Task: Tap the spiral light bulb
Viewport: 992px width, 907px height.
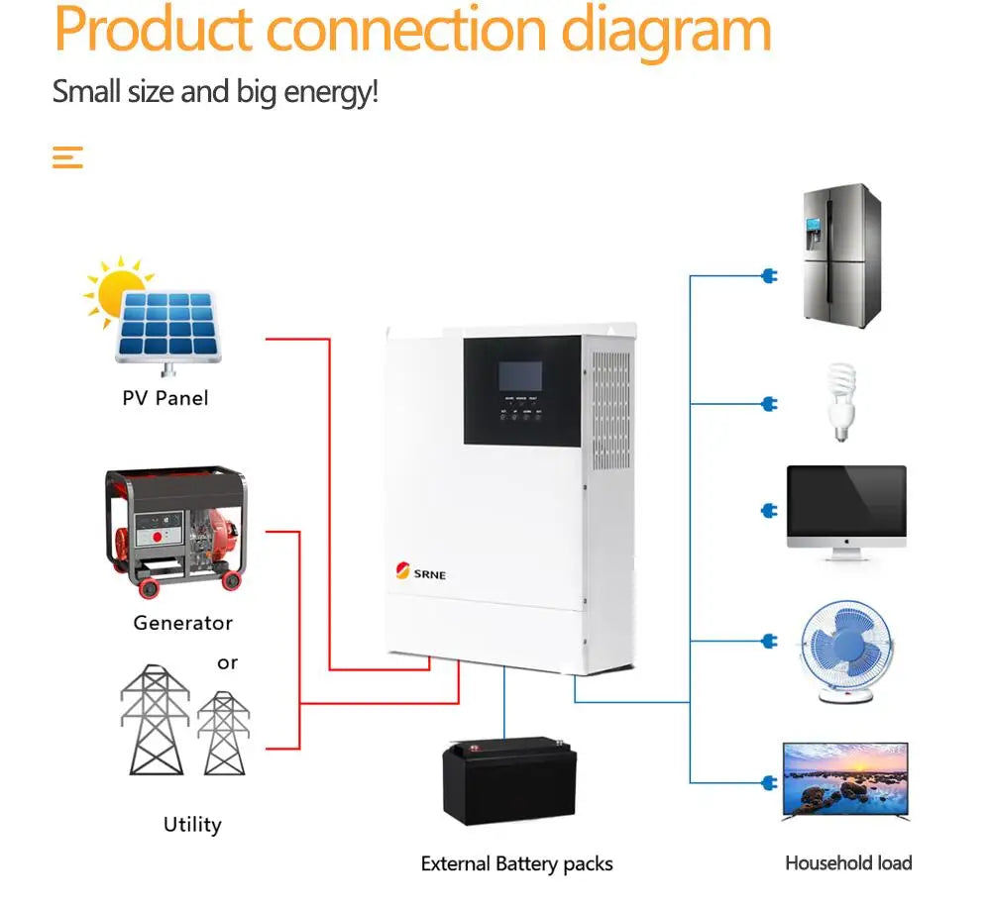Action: click(x=840, y=401)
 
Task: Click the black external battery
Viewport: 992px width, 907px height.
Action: click(x=509, y=779)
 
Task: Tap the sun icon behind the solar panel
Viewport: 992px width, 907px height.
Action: click(x=116, y=287)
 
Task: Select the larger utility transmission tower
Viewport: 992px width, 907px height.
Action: click(x=155, y=719)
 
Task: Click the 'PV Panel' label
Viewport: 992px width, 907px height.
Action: click(x=165, y=398)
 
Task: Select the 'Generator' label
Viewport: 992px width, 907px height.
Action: click(x=182, y=623)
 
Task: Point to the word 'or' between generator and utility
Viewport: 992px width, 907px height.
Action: click(x=227, y=662)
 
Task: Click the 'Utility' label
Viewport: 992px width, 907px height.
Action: click(x=191, y=824)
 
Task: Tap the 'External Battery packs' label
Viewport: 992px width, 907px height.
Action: click(x=516, y=863)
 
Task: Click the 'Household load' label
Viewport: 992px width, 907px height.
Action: click(x=848, y=862)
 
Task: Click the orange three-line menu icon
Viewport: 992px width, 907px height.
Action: click(x=67, y=156)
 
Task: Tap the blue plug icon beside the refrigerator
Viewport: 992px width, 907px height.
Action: click(x=769, y=275)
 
